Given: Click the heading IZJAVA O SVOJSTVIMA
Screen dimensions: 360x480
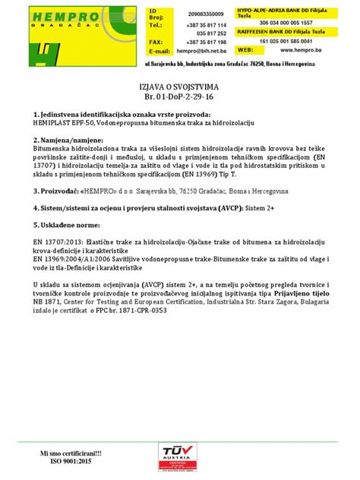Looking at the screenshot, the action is point(180,87).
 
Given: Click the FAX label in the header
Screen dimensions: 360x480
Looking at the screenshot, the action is point(156,42).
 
